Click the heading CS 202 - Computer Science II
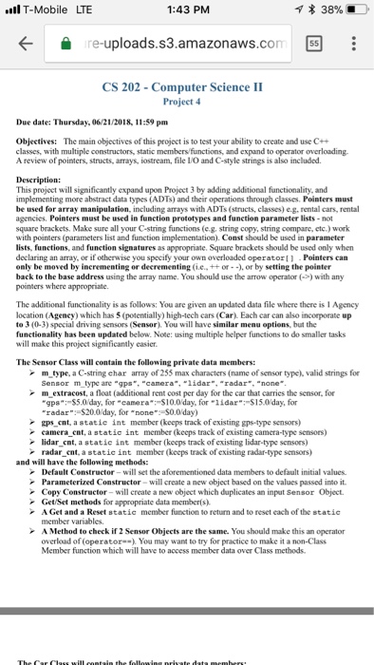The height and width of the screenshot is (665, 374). [187, 118]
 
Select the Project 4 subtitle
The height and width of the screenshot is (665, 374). [187, 130]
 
